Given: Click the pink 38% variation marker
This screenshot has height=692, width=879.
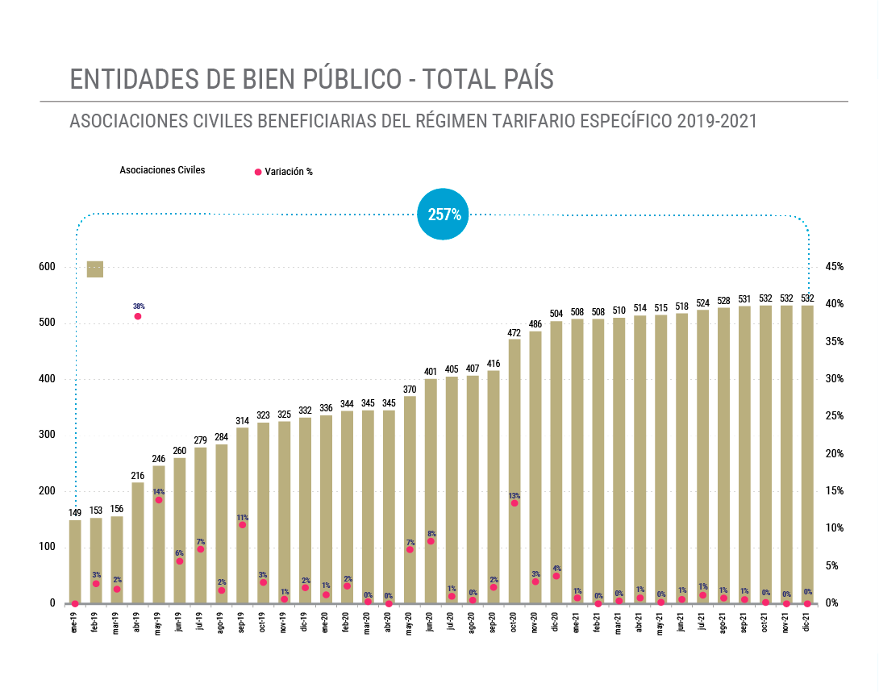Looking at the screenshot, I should click(138, 316).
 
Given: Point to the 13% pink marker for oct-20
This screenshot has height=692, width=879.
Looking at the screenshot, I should click(514, 502).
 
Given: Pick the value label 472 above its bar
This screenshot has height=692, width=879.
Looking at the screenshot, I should click(514, 332).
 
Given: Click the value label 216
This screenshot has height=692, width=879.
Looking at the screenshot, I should click(138, 476).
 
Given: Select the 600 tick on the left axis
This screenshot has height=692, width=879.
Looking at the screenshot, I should click(47, 267).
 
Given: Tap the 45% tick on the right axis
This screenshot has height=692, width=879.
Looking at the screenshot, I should click(834, 267).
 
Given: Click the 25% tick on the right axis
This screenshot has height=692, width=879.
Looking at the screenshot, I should click(834, 416).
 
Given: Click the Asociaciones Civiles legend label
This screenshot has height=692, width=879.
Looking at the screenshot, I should click(162, 170).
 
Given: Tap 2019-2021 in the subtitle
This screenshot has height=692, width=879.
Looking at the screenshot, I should click(717, 123).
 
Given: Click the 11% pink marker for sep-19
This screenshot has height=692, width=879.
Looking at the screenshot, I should click(242, 524).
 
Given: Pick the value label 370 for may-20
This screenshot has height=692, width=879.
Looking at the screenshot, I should click(410, 390).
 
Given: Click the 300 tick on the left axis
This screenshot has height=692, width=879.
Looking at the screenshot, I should click(47, 435).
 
